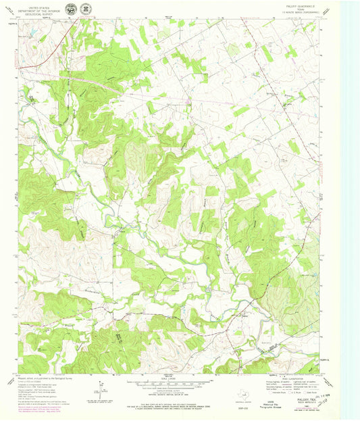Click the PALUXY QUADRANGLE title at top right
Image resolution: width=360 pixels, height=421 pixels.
click(x=295, y=7)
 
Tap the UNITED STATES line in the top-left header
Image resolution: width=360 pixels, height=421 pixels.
click(x=38, y=5)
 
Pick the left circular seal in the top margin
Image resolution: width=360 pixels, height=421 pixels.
click(x=72, y=8)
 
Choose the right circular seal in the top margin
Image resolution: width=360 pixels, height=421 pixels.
click(x=85, y=8)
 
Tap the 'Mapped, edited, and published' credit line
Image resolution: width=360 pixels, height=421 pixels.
click(x=41, y=378)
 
